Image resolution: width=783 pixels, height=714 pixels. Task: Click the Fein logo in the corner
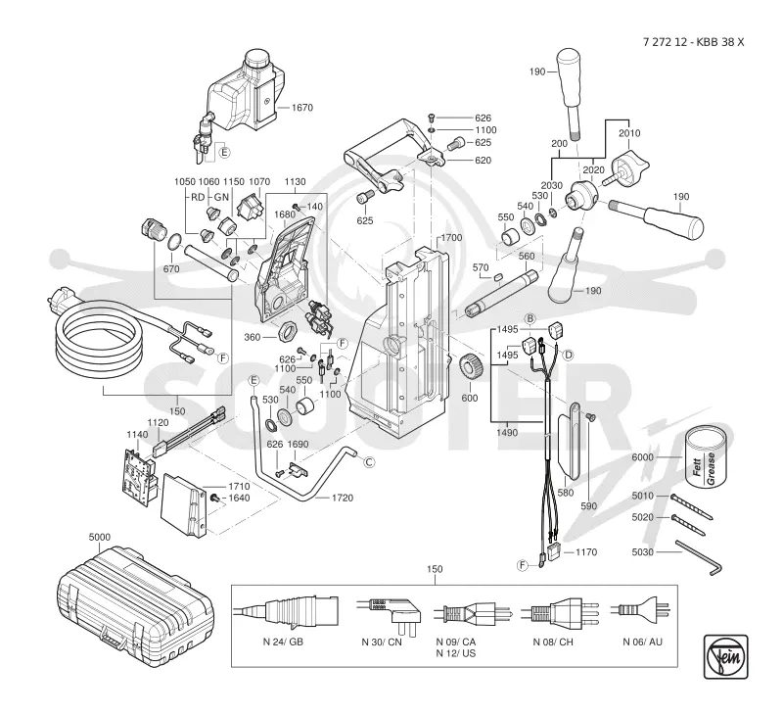(725, 656)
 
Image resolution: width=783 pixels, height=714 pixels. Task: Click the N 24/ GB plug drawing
(287, 611)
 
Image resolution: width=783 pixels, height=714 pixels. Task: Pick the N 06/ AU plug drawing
(641, 609)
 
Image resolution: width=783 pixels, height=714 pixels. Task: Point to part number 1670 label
(301, 108)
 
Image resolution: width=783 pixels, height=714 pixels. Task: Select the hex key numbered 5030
(699, 556)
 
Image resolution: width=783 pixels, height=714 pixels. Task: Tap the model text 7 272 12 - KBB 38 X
(693, 42)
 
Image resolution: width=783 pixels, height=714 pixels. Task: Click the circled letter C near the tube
(369, 462)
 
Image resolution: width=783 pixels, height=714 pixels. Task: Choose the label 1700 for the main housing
(451, 238)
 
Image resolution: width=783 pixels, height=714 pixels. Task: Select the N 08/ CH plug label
(553, 643)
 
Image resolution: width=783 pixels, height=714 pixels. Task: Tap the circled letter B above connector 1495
(530, 318)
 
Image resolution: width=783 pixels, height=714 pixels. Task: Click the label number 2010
(629, 133)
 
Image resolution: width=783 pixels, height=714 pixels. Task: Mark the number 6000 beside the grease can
(642, 457)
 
